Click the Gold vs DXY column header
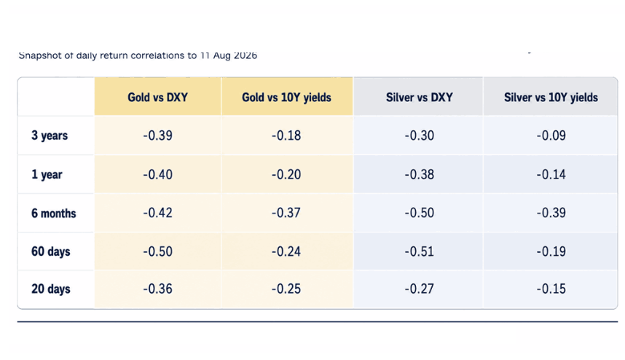[157, 97]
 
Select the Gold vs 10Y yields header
[286, 97]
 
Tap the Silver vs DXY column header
[420, 97]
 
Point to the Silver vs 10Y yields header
[551, 97]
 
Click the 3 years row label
[50, 136]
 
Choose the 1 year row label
[47, 175]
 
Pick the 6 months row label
[53, 214]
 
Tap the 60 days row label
[50, 251]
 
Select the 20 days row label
[50, 289]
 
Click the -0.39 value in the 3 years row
[158, 136]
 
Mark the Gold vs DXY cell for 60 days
[158, 251]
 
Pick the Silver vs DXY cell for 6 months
[420, 213]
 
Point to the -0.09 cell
[551, 136]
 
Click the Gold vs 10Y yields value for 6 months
[286, 213]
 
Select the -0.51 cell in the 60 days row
[420, 251]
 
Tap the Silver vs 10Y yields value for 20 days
[551, 289]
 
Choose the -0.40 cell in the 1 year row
[158, 175]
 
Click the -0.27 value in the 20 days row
[420, 289]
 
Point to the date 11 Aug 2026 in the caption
[229, 55]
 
